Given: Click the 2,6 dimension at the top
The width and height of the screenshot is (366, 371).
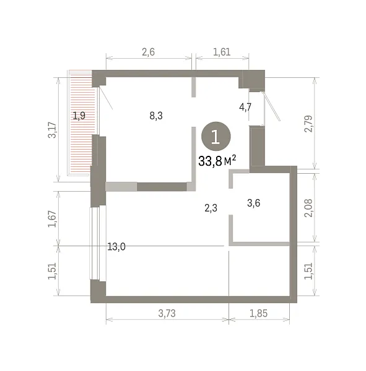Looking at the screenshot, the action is click(149, 52).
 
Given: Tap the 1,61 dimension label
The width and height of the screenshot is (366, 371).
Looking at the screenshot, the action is click(222, 52).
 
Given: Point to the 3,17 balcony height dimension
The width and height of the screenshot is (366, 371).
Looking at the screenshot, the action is click(52, 130).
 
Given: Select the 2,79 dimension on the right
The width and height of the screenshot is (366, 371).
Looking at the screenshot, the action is click(308, 124).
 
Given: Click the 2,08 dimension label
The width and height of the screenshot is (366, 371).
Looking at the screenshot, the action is click(308, 208).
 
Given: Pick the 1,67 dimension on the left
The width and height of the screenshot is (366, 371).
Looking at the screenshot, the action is click(52, 219).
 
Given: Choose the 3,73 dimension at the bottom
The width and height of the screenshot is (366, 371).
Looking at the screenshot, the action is click(167, 313).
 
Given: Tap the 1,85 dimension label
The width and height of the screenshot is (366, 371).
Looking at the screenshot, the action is click(258, 313).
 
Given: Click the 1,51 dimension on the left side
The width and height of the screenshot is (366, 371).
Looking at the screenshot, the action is click(52, 271).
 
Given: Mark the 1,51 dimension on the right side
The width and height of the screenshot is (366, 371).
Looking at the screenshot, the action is click(308, 271).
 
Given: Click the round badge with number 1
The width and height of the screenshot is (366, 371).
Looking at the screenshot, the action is click(216, 136).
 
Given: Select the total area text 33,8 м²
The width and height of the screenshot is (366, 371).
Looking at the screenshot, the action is click(217, 161).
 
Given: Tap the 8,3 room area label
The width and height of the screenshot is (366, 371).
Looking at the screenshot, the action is click(156, 116).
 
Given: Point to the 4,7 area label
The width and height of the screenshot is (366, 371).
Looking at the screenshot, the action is click(245, 107).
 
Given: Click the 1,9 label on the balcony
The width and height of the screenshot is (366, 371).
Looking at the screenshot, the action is click(79, 116).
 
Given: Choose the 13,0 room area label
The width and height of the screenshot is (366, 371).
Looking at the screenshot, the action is click(116, 247).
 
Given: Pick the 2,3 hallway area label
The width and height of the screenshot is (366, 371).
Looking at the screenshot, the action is click(211, 208).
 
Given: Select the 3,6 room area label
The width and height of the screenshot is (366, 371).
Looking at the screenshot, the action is click(254, 203).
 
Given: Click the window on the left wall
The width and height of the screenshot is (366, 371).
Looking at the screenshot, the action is click(98, 243).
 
